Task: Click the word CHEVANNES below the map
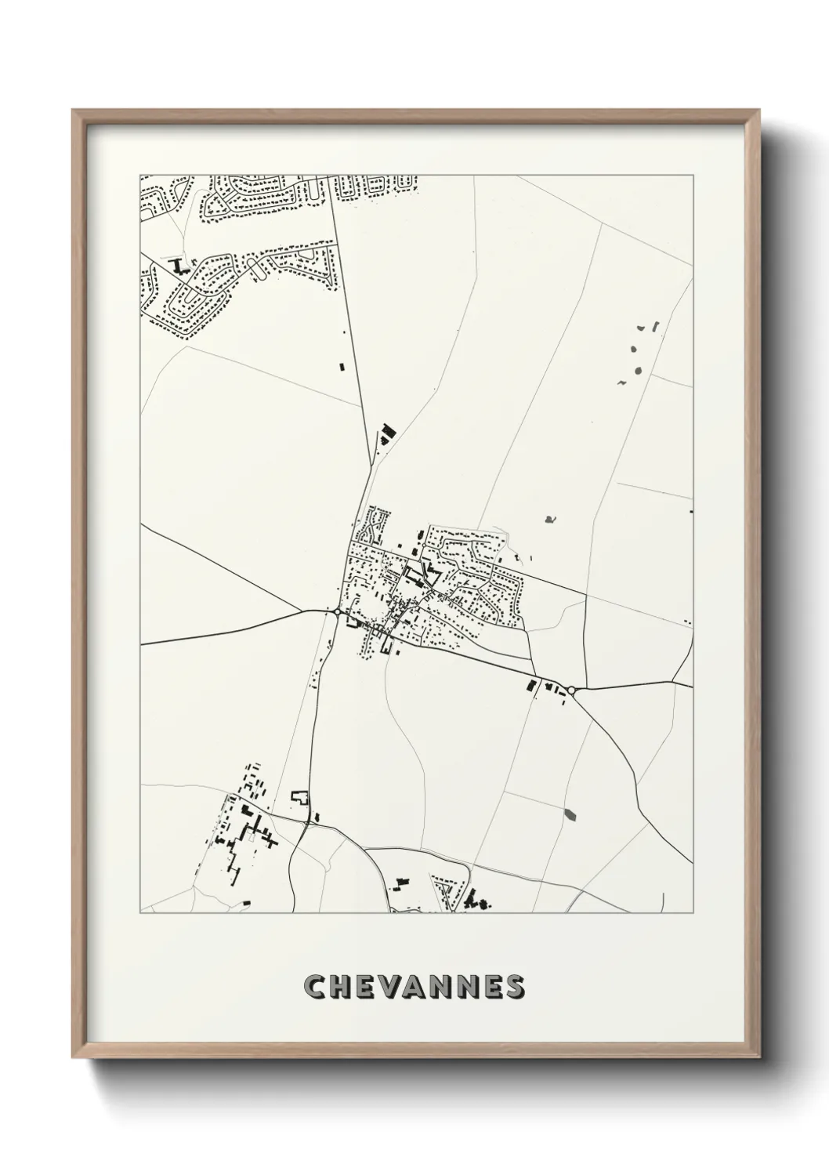click(414, 987)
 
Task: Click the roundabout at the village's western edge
click(337, 611)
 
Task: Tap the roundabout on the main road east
click(572, 690)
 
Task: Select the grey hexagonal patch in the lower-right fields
click(569, 814)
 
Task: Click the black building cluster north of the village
click(386, 433)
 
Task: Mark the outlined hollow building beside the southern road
click(300, 798)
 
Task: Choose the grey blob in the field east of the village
click(550, 518)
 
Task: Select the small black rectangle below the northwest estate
click(341, 365)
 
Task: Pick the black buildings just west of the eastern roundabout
click(545, 687)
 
